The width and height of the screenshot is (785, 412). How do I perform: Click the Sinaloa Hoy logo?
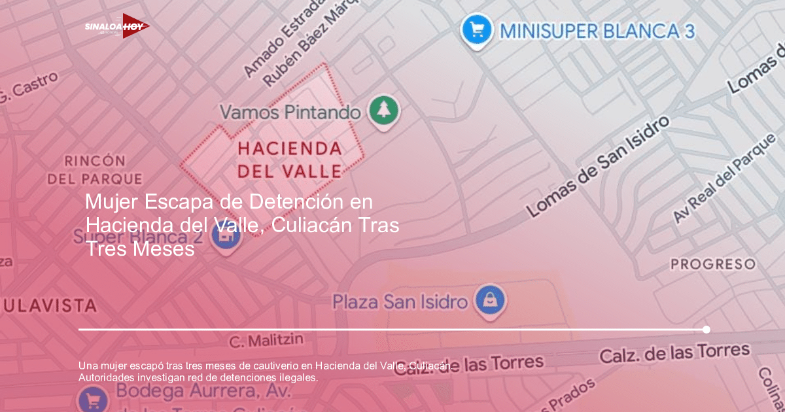117,26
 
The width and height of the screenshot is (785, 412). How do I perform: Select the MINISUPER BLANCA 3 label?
597,31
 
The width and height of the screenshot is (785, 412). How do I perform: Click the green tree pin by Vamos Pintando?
383,111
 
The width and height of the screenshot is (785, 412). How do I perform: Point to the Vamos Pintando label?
290,112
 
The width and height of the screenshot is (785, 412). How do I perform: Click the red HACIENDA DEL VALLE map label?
289,160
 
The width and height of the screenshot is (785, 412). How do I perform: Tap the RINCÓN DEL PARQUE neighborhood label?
94,169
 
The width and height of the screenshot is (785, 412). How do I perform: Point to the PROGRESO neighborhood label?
713,264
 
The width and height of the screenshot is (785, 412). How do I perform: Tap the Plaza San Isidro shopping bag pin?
488,301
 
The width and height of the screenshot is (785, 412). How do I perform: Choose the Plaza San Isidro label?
400,302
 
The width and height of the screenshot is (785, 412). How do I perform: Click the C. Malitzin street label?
266,341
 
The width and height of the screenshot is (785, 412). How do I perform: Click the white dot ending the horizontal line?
706,329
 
